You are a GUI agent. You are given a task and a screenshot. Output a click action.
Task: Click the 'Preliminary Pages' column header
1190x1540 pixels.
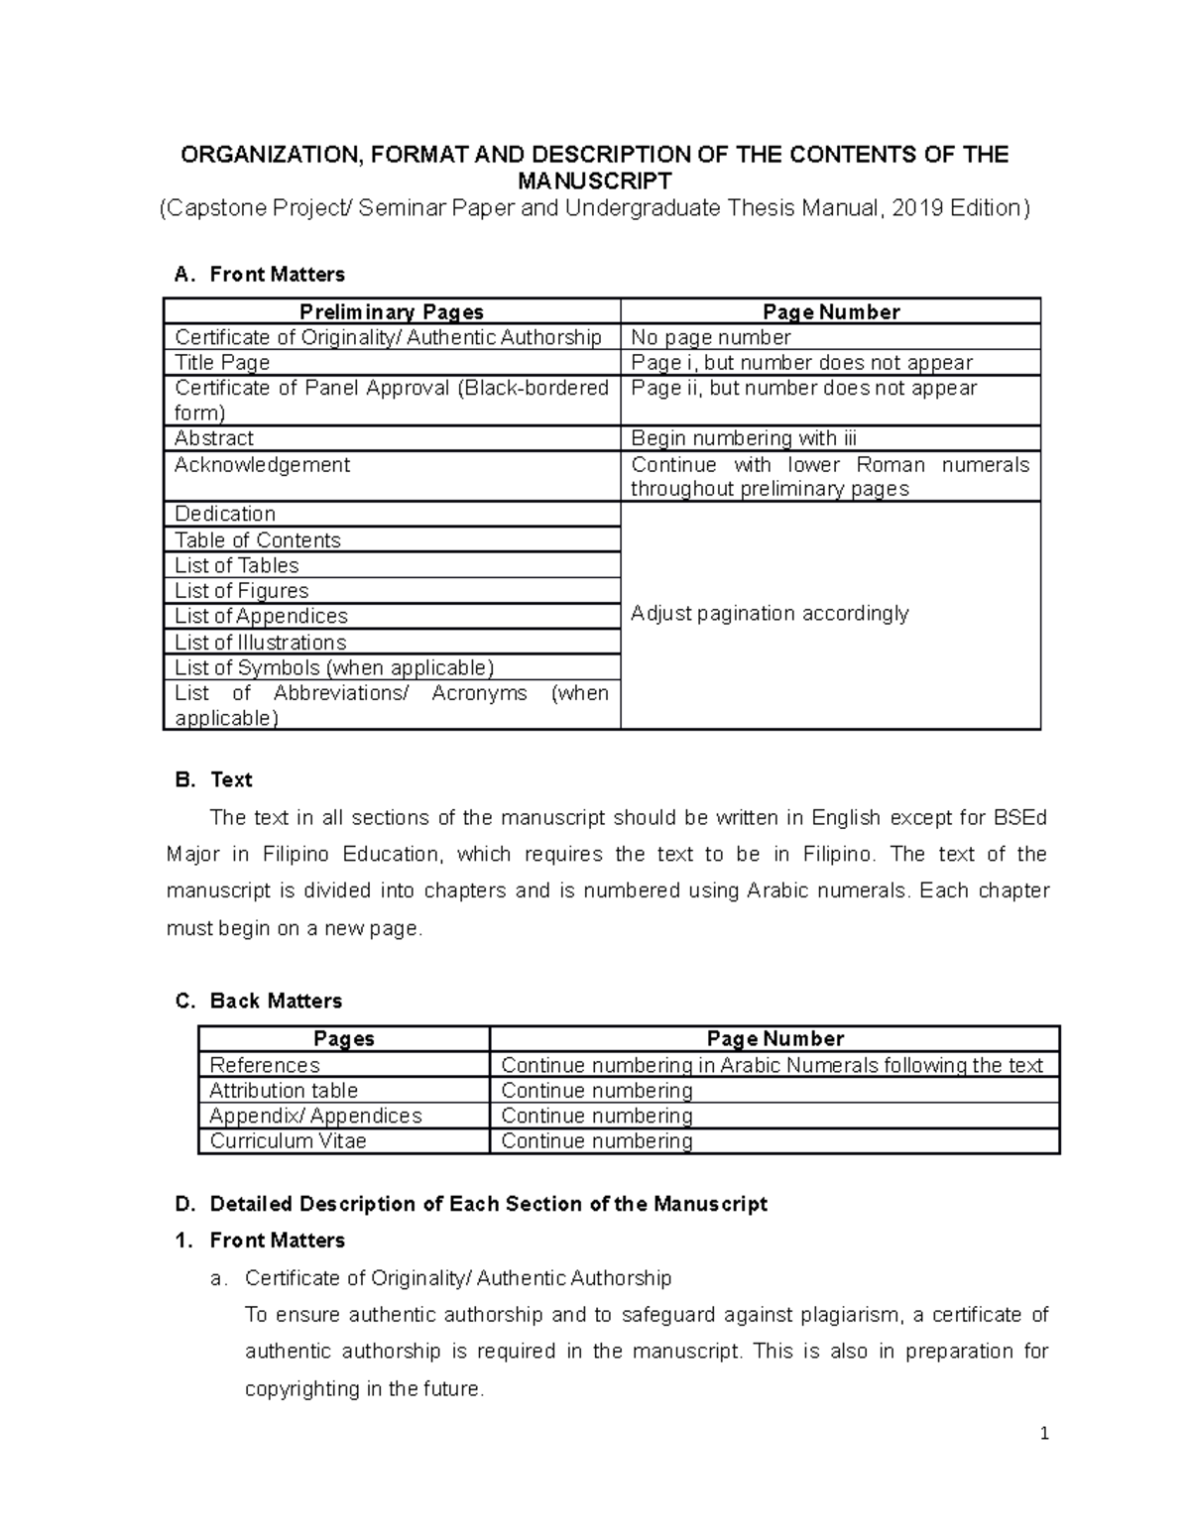pyautogui.click(x=392, y=311)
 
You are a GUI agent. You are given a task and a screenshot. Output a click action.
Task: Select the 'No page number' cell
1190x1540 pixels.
pyautogui.click(x=711, y=337)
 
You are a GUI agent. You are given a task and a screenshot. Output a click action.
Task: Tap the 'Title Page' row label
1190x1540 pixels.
pyautogui.click(x=222, y=363)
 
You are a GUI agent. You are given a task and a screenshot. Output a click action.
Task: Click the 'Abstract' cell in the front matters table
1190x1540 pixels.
pyautogui.click(x=214, y=438)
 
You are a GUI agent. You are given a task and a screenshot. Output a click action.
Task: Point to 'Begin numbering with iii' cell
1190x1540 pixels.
pyautogui.click(x=744, y=438)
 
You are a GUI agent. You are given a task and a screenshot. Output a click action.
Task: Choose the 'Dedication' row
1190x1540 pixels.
pyautogui.click(x=225, y=514)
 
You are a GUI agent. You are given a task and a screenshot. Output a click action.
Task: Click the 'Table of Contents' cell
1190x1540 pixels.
pyautogui.click(x=258, y=540)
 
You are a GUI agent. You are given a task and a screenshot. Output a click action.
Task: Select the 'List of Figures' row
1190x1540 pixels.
pyautogui.click(x=242, y=591)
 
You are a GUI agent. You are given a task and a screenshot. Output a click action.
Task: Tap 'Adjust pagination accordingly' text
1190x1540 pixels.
pyautogui.click(x=770, y=614)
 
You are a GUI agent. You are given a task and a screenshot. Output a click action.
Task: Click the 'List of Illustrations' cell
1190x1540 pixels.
pyautogui.click(x=261, y=643)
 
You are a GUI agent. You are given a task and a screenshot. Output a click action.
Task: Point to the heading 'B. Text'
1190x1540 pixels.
pyautogui.click(x=214, y=780)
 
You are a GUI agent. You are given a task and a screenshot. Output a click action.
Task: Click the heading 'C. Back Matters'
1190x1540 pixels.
pyautogui.click(x=259, y=1002)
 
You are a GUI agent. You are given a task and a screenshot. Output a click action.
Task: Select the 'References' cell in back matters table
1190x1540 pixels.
pyautogui.click(x=265, y=1065)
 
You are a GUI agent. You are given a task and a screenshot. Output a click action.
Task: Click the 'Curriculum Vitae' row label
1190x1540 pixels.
pyautogui.click(x=289, y=1141)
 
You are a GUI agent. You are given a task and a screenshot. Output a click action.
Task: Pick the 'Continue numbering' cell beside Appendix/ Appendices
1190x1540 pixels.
pyautogui.click(x=597, y=1117)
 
